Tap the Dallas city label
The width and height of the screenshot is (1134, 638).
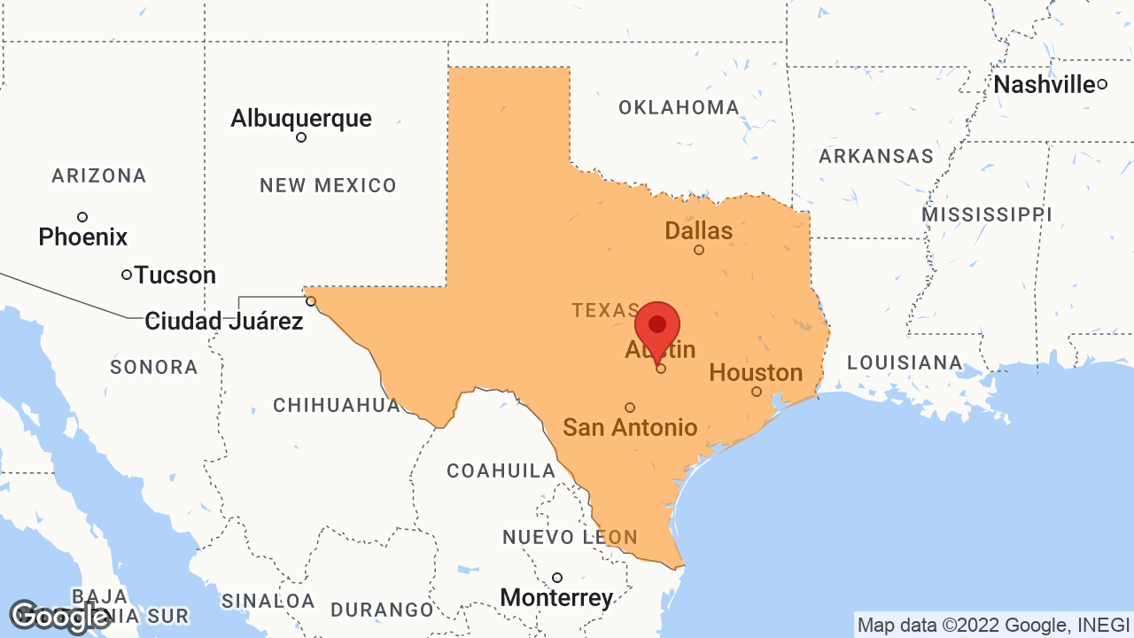(699, 231)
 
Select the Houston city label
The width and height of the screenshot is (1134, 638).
(756, 372)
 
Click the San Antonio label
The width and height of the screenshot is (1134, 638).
(630, 427)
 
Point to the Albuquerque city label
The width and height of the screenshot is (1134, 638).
(301, 118)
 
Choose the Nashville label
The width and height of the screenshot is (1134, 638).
(1045, 85)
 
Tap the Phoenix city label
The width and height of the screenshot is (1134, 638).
(83, 237)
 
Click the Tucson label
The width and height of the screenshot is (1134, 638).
(175, 276)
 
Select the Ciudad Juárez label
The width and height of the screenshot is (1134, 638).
(224, 321)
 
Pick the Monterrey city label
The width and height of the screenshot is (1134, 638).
(556, 598)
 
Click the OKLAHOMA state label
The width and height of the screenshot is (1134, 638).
(679, 108)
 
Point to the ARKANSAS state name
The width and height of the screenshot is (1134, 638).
(875, 157)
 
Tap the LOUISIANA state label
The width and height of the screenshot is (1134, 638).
(905, 362)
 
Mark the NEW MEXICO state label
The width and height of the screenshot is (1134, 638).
(328, 186)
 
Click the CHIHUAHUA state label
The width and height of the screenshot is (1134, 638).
(337, 406)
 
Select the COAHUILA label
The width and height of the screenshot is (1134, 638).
(501, 471)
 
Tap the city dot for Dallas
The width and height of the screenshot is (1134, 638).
(699, 250)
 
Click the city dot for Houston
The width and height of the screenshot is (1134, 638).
(757, 392)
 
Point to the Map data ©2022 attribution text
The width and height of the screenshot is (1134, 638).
(993, 625)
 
